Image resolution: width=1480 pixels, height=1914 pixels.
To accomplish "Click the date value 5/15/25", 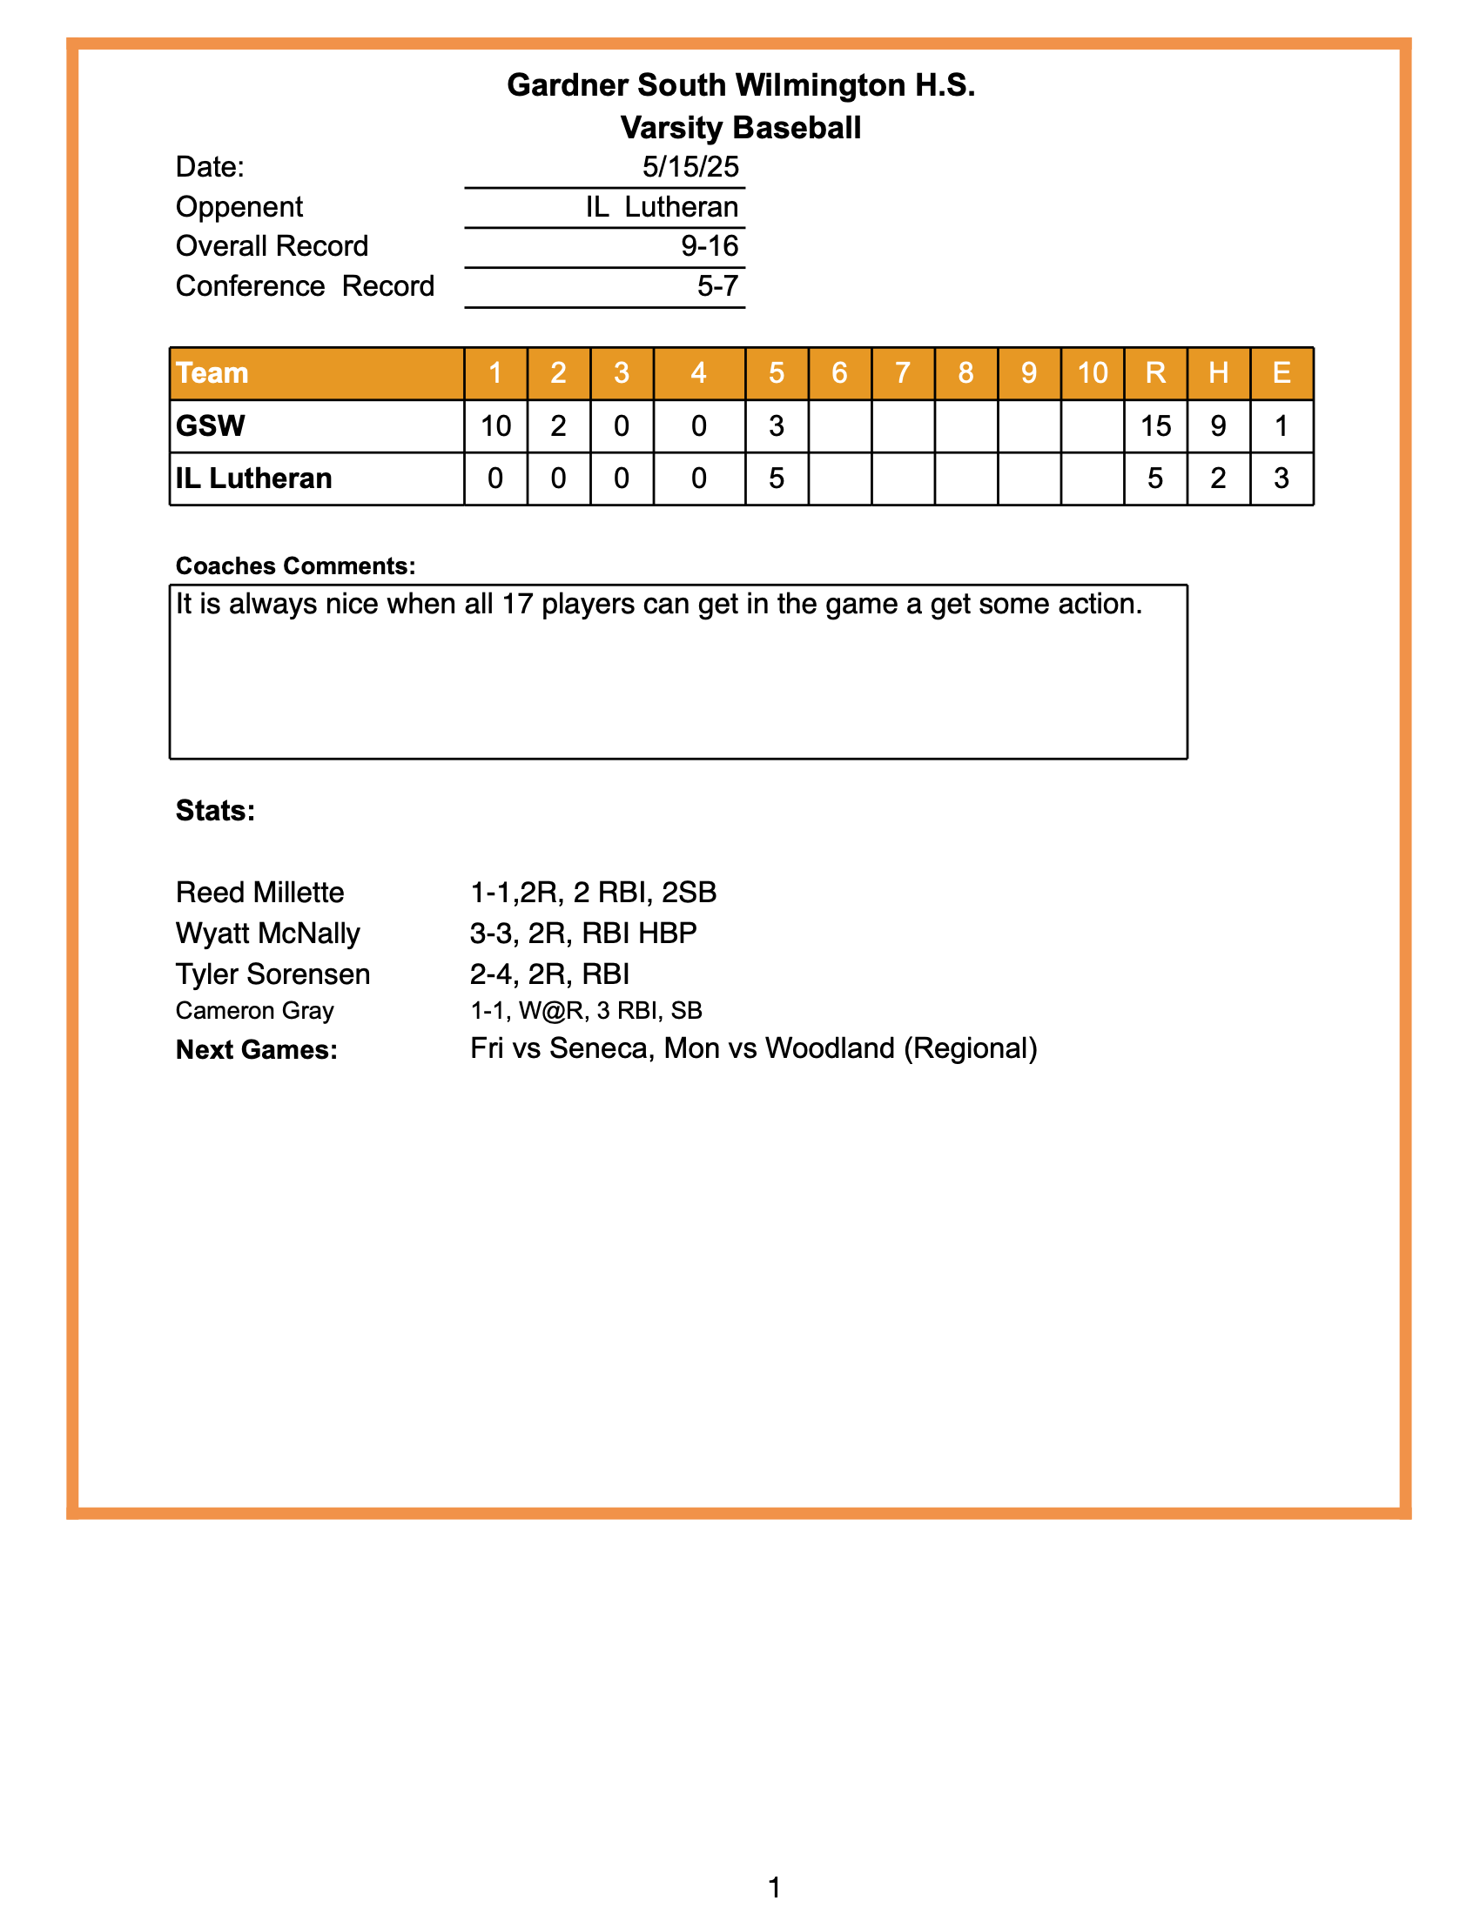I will tap(690, 166).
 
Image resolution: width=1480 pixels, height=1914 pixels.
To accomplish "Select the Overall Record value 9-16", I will tap(710, 246).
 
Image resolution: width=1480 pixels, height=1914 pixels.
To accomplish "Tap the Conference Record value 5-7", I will tap(717, 285).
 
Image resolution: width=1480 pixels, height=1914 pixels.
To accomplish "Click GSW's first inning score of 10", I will tap(495, 426).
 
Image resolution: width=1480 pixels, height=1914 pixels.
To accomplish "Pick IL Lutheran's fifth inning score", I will tap(776, 478).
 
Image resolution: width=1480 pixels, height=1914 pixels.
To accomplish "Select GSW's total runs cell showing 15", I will tap(1154, 426).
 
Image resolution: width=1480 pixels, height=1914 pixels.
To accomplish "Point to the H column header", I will tap(1218, 373).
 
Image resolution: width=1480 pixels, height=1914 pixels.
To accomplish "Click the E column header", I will tap(1281, 373).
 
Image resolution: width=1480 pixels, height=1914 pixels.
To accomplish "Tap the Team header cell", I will tap(212, 373).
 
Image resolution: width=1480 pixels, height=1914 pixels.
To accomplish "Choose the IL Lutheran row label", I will tap(253, 478).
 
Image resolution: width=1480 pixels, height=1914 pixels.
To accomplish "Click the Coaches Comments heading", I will tap(295, 566).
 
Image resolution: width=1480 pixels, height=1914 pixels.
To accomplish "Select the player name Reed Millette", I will tap(259, 892).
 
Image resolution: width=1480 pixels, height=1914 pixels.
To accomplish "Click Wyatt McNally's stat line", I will tap(583, 934).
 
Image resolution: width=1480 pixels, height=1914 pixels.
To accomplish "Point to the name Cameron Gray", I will tap(254, 1010).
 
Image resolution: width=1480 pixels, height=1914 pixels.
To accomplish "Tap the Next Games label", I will tap(256, 1049).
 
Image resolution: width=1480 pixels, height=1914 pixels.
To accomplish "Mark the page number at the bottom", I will tap(774, 1887).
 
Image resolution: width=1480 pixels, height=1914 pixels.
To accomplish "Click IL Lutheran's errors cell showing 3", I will tap(1281, 478).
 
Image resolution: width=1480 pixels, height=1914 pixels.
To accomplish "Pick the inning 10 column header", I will tap(1092, 373).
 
